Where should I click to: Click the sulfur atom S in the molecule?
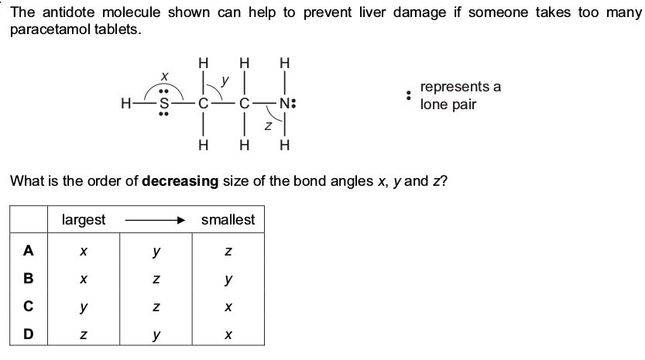[x=163, y=103]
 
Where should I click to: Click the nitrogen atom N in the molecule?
[x=285, y=103]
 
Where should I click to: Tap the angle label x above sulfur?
[x=164, y=76]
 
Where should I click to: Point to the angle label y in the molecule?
[x=225, y=80]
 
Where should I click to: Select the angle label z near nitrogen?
[x=268, y=126]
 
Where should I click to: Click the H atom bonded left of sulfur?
[x=126, y=103]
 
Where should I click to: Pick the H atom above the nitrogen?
[x=285, y=63]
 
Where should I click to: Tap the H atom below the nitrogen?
[x=285, y=145]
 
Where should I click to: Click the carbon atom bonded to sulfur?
[x=203, y=103]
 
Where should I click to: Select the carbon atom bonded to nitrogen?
[x=245, y=103]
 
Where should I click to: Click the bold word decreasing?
[x=180, y=181]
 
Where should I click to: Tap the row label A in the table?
[x=29, y=250]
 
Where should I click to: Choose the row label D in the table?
[x=29, y=334]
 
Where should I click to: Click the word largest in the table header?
[x=84, y=220]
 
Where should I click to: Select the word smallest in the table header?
[x=228, y=219]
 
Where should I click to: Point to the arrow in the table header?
[x=155, y=221]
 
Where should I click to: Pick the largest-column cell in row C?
[x=84, y=306]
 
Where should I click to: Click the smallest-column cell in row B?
[x=228, y=279]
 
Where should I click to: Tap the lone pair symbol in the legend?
[x=408, y=95]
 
